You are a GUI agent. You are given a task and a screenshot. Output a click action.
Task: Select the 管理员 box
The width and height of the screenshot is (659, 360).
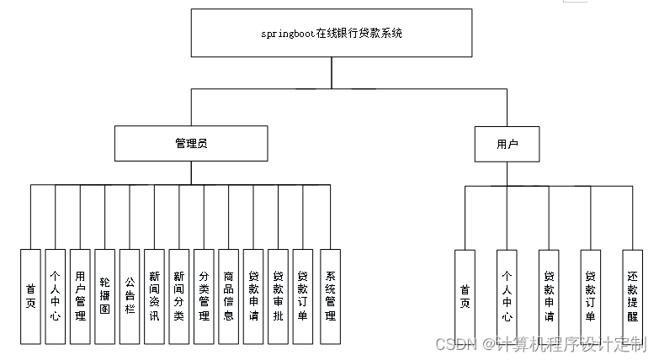pos(191,143)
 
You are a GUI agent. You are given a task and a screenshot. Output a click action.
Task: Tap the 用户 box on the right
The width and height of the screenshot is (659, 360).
pos(507,144)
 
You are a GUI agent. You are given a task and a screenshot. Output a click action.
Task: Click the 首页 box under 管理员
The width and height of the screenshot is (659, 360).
pos(30,296)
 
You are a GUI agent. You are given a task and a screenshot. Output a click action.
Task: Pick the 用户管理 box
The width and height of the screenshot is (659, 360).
pos(80,296)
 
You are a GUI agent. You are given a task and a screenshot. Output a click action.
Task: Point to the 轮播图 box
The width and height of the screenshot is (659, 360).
pos(104,296)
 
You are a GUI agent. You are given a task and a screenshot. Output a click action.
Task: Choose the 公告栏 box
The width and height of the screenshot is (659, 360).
pos(130,296)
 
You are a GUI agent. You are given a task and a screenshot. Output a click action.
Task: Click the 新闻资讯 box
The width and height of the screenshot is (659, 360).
pos(154,296)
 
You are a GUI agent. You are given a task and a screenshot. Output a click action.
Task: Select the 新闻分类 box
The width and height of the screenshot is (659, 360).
pos(178,296)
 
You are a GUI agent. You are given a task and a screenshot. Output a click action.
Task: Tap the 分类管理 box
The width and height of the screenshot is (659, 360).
pos(204,296)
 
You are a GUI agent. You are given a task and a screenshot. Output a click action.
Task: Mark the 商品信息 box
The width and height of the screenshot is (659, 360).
pos(228,296)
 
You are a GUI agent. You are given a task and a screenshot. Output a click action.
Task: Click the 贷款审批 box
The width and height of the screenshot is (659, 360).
pos(278,296)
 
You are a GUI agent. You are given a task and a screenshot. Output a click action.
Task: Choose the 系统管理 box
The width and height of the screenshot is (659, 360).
pos(331,296)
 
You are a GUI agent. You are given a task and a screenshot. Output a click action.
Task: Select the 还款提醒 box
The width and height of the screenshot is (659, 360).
pos(632,296)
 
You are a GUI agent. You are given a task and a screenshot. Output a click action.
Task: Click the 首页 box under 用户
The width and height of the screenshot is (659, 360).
pos(465,296)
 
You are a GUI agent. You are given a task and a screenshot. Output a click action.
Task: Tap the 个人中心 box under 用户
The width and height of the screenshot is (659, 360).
pos(507,296)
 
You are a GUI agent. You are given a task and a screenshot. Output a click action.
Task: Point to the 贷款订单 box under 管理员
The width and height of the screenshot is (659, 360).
pos(302,296)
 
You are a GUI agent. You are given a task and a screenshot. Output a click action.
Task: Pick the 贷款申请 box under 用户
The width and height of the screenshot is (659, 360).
pos(549,296)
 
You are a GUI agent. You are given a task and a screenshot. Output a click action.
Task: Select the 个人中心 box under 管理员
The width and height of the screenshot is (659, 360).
pos(55,296)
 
